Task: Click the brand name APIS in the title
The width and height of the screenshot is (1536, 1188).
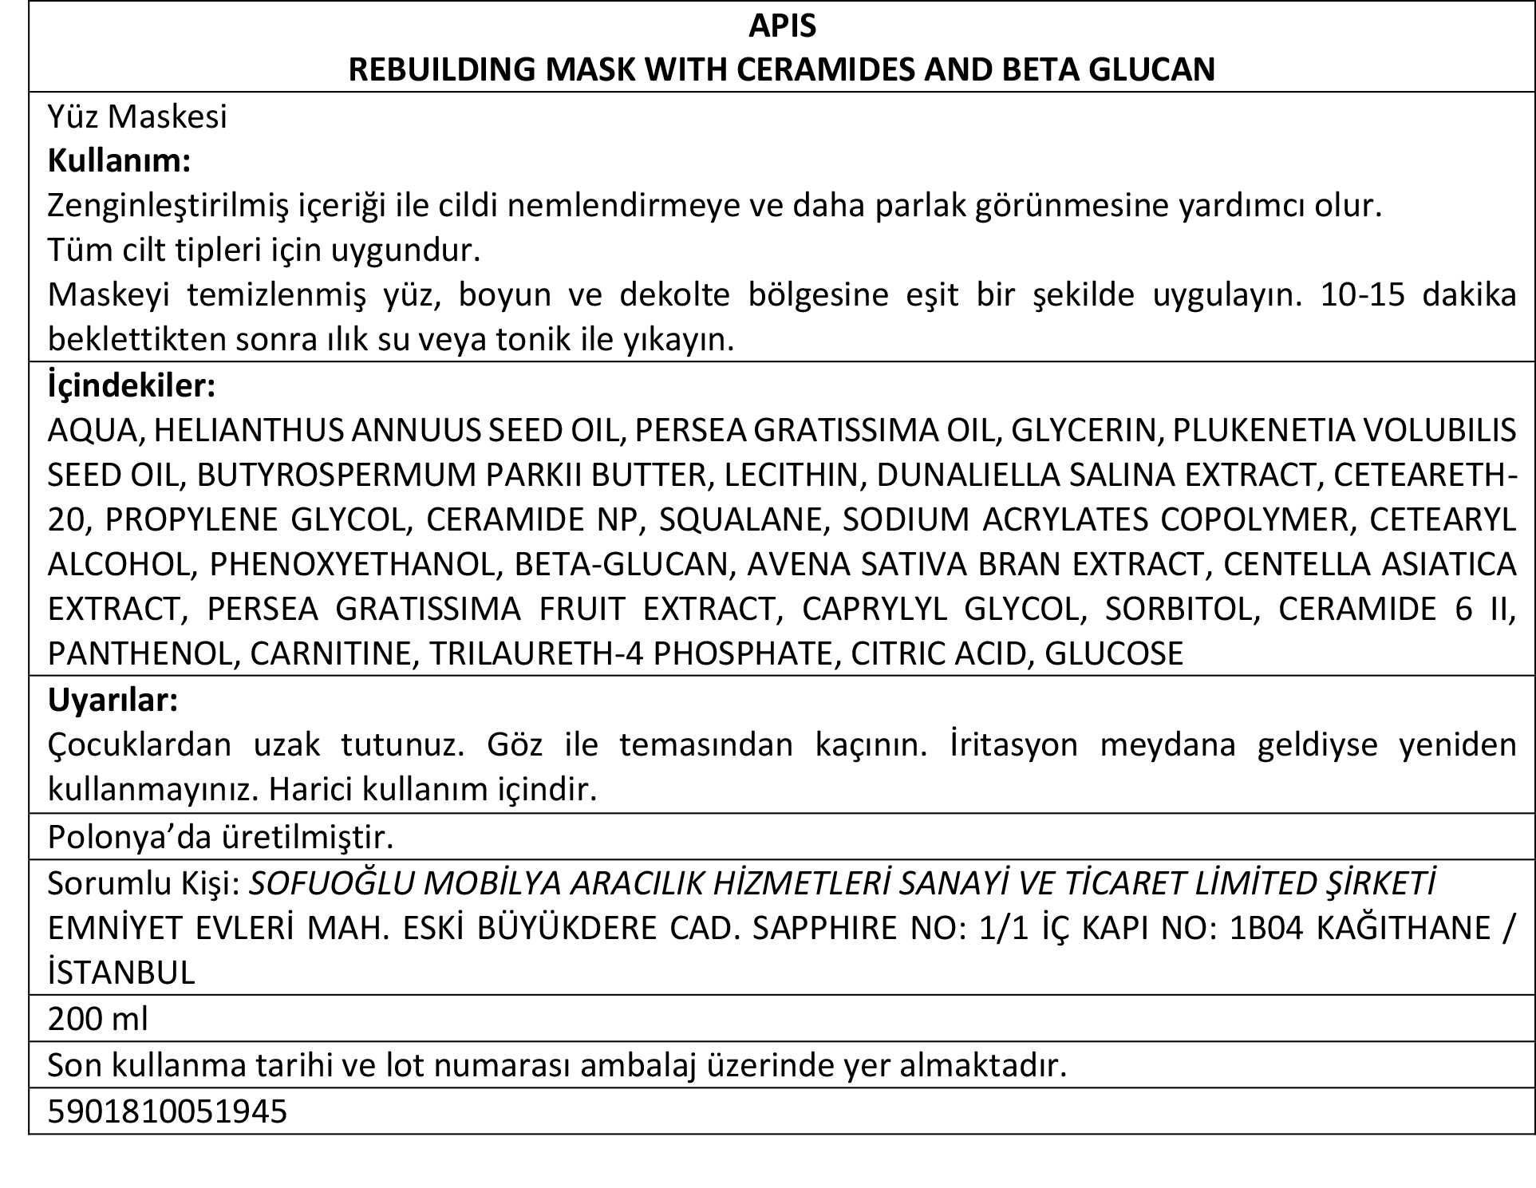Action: (x=782, y=26)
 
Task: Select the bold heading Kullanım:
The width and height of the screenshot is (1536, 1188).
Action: (x=119, y=161)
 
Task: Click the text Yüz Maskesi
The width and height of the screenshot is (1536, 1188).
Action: (x=137, y=116)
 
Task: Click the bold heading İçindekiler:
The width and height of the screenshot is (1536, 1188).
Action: (x=131, y=386)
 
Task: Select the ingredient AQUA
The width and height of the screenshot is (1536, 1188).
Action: (x=93, y=431)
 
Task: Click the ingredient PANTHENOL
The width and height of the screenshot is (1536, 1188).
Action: (x=141, y=653)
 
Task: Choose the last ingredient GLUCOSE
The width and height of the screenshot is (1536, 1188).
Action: (x=1114, y=653)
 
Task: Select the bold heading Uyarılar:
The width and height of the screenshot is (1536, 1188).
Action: (x=113, y=701)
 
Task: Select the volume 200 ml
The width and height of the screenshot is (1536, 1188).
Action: (x=97, y=1019)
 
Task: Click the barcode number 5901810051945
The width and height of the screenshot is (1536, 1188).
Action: (x=167, y=1111)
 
